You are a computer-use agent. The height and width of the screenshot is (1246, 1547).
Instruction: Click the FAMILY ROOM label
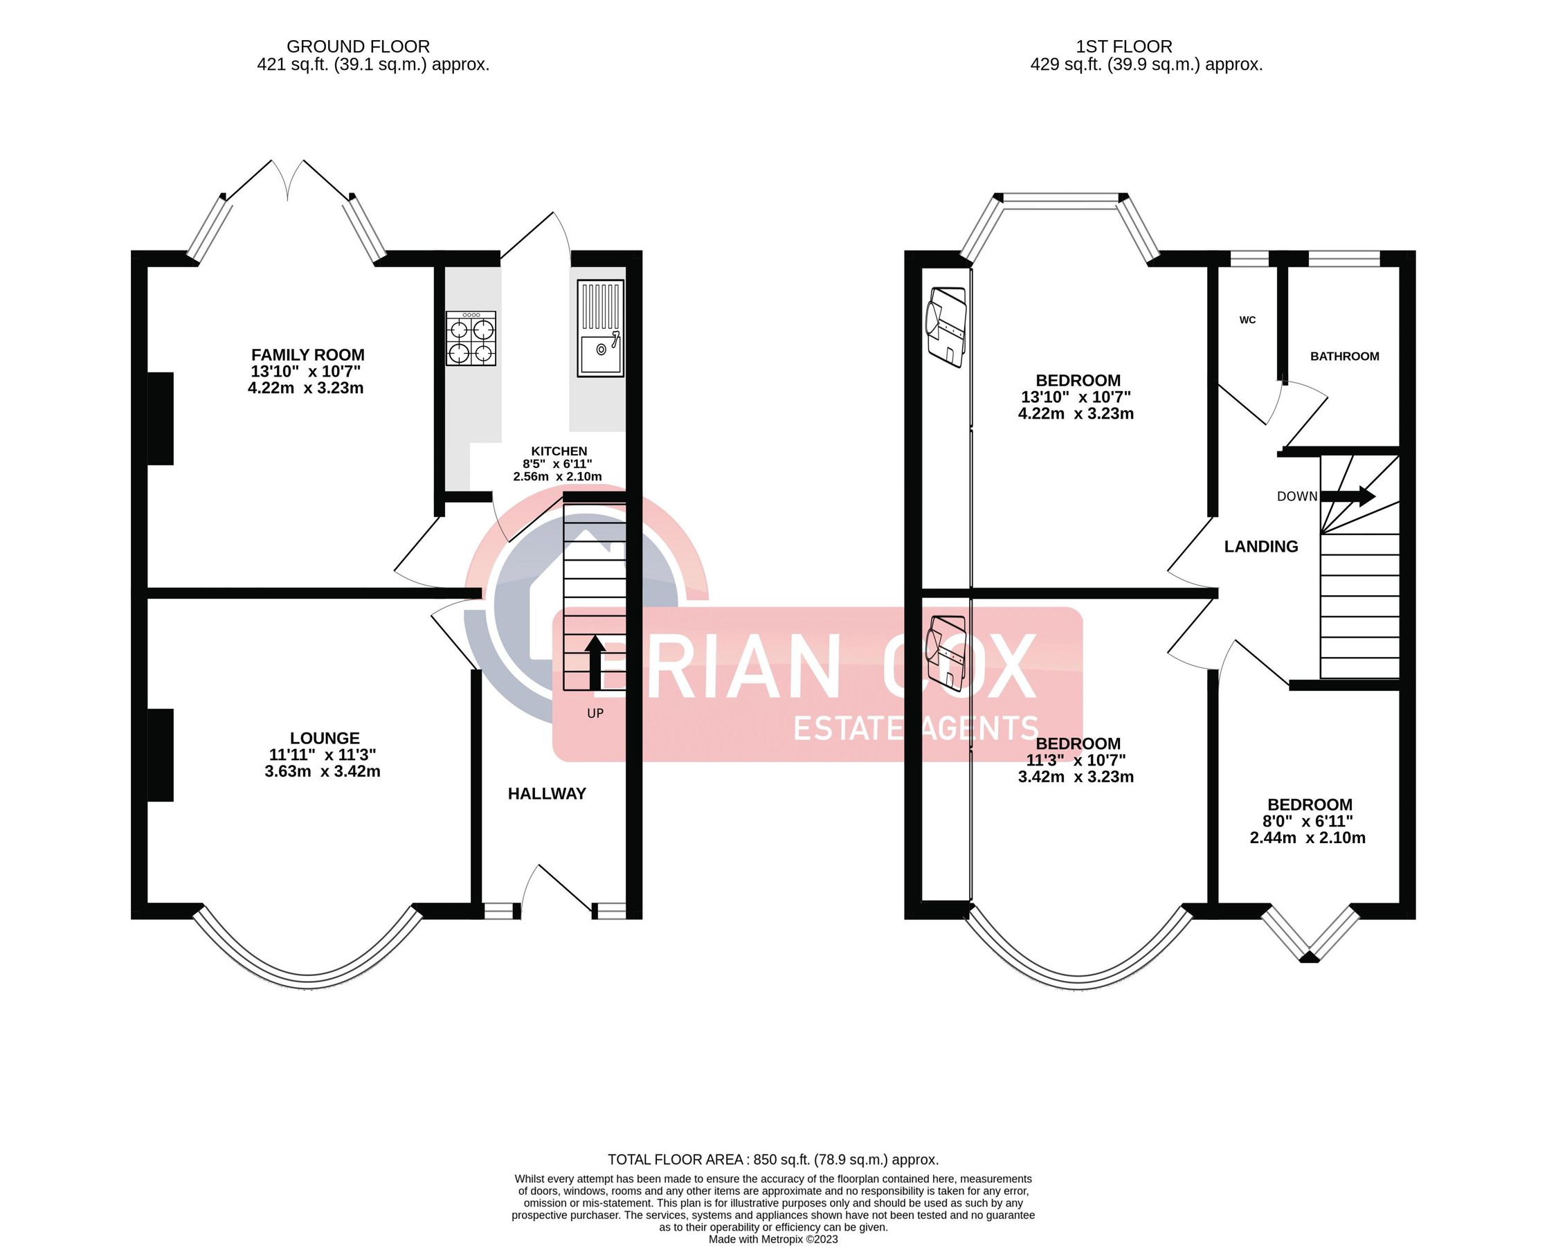pos(307,354)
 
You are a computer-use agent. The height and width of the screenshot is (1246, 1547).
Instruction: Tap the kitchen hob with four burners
pos(471,338)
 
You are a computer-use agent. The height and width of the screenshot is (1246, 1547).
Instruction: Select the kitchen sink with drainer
pos(601,328)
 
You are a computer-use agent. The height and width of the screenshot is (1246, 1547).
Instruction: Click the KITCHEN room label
pos(559,451)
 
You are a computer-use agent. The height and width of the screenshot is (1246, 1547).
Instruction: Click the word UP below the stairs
pos(595,714)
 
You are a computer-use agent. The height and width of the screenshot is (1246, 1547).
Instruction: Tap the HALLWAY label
pos(547,793)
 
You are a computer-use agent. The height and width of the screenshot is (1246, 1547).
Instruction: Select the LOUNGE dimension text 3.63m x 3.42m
pos(322,772)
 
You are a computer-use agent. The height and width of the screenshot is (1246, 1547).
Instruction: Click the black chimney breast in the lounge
pos(161,755)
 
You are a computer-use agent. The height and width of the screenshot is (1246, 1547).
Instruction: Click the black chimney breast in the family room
pos(161,418)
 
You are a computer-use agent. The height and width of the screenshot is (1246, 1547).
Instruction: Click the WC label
pos(1247,320)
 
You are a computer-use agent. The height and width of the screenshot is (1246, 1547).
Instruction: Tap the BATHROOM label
pos(1344,356)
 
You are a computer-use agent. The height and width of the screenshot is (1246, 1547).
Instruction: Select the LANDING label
pos(1260,546)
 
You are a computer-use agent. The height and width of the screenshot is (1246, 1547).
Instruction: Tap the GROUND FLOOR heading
pos(358,46)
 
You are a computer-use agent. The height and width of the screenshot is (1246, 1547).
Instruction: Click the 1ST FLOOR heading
pos(1123,46)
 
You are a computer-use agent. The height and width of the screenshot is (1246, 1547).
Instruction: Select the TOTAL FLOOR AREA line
pos(772,1159)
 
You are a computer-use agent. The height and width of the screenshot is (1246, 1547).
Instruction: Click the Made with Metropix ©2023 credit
pos(772,1239)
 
